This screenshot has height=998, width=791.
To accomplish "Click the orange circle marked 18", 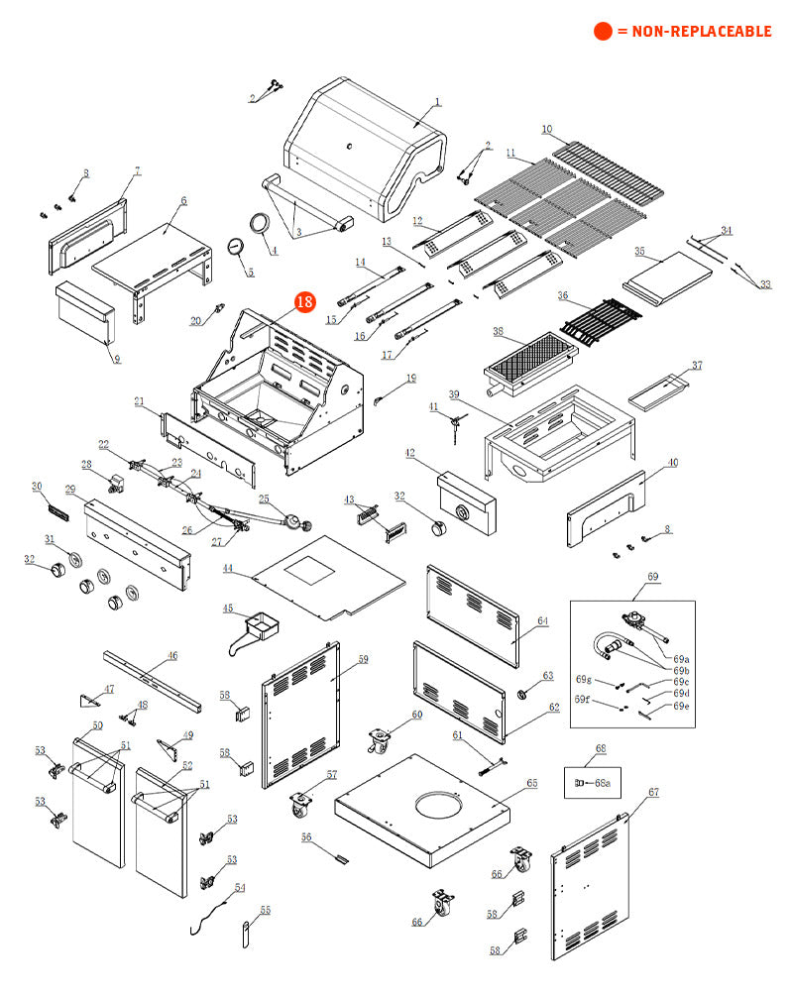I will tap(303, 301).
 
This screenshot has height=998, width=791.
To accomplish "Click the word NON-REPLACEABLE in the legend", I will tap(702, 32).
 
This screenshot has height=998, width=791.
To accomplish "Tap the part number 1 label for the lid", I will tap(438, 102).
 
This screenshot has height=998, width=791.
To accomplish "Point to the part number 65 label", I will tap(532, 783).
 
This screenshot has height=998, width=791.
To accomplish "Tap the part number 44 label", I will tap(228, 569).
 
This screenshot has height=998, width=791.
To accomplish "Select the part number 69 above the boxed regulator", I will tap(652, 576).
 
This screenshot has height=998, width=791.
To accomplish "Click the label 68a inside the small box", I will tap(602, 783).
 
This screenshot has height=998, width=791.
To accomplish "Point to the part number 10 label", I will tap(546, 129).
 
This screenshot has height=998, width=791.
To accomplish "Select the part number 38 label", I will tap(498, 331).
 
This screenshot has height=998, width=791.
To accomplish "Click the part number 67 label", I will tap(653, 792).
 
